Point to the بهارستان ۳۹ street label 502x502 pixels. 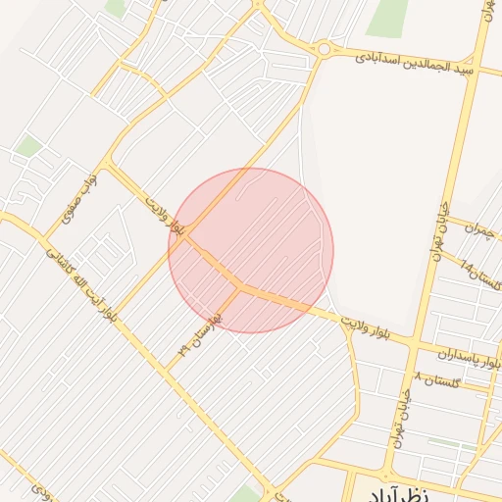[x=200, y=332]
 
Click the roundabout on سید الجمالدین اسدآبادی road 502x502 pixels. [x=324, y=48]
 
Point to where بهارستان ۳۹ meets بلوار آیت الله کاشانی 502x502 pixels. [x=167, y=369]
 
